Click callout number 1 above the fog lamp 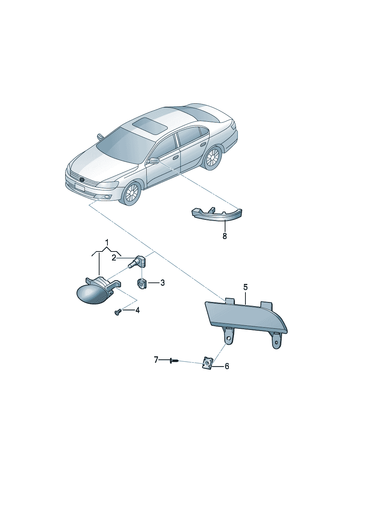coord(107,242)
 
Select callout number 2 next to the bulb coord(114,258)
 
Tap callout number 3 coord(162,283)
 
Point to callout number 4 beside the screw coord(137,310)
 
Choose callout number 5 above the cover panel coord(245,287)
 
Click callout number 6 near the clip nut coord(227,366)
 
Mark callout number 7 coord(156,360)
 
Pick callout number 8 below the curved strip coord(225,236)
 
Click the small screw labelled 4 coord(118,312)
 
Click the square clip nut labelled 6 coord(208,366)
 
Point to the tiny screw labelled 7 coord(174,360)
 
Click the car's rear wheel coord(212,158)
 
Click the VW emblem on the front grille coord(82,180)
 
